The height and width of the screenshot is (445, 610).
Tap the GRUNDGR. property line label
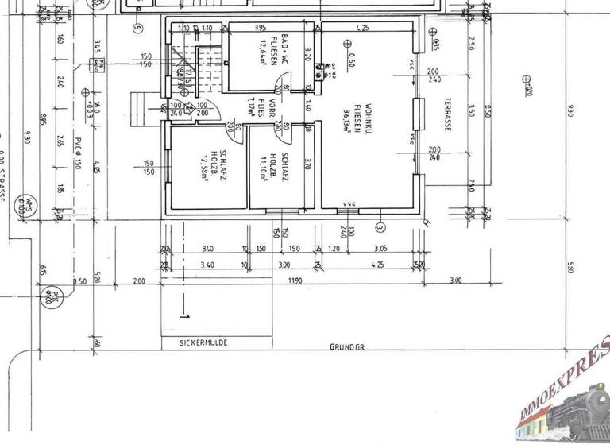(348, 348)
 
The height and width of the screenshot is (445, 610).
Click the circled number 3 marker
(380, 227)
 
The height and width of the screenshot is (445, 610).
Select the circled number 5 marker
(137, 29)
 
